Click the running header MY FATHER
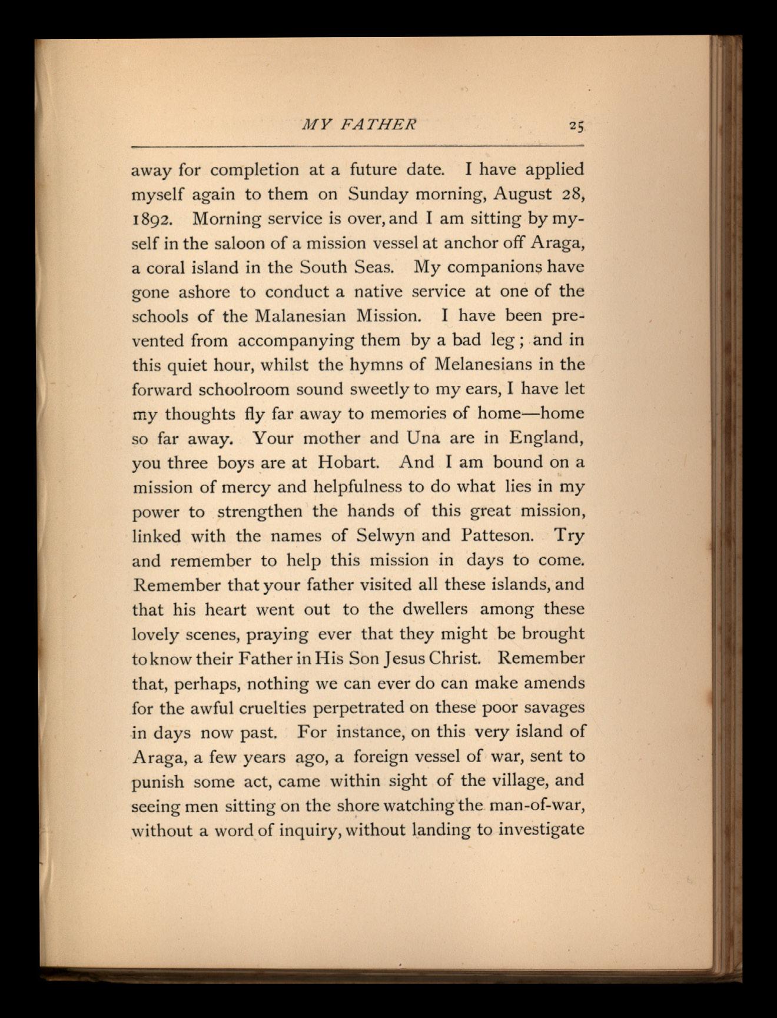[x=358, y=124]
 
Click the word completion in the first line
[x=254, y=170]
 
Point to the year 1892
[x=152, y=219]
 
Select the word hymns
[x=376, y=365]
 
